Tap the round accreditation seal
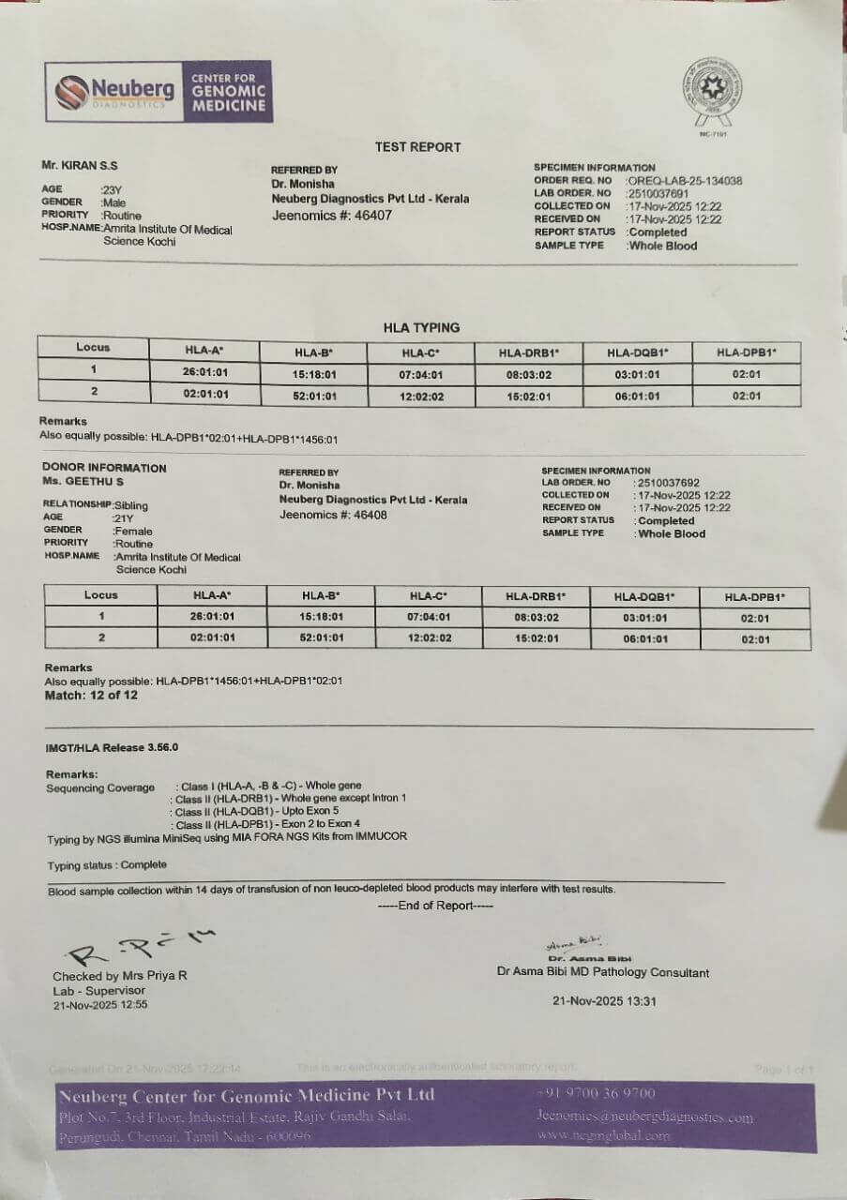point(713,93)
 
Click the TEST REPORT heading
point(418,147)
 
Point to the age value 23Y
point(112,189)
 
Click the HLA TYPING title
point(421,327)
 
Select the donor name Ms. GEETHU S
point(83,481)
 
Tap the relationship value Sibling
point(130,505)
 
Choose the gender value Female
point(132,531)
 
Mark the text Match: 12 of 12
point(91,696)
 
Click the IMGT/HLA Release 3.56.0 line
point(112,747)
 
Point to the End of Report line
point(435,906)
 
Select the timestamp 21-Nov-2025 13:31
point(605,1001)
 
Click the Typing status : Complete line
point(107,865)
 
